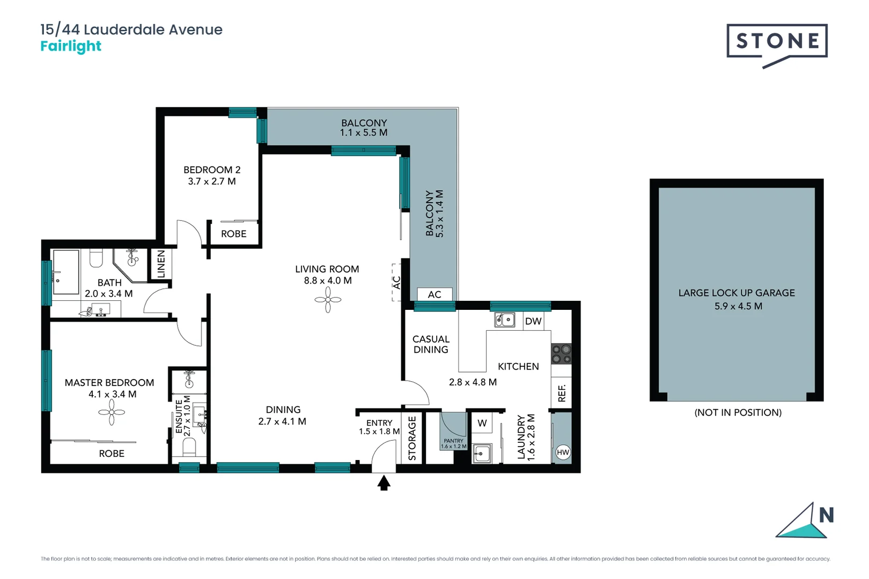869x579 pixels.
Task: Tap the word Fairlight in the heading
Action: tap(71, 46)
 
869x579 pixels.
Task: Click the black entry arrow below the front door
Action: tap(384, 483)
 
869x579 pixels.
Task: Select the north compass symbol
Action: tap(805, 520)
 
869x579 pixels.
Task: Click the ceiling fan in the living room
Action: tap(328, 299)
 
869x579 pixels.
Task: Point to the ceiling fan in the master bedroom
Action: tap(112, 412)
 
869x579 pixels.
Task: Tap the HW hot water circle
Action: tap(563, 452)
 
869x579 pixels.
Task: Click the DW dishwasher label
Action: tap(533, 321)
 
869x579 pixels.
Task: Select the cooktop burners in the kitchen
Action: tap(561, 354)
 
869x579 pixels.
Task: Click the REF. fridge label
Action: tap(562, 393)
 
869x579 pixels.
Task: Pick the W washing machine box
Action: tap(482, 422)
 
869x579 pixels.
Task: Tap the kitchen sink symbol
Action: tap(504, 320)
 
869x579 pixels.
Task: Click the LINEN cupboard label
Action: tap(161, 264)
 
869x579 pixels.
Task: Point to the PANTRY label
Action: tap(453, 441)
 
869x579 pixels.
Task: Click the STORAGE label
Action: tap(412, 438)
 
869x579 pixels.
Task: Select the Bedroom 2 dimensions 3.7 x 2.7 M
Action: tap(212, 182)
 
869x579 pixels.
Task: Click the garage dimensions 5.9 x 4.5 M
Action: tap(738, 306)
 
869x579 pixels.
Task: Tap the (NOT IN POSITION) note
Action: tap(738, 412)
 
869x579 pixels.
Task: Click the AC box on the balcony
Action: tap(434, 294)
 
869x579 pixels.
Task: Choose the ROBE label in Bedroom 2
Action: tap(233, 234)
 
